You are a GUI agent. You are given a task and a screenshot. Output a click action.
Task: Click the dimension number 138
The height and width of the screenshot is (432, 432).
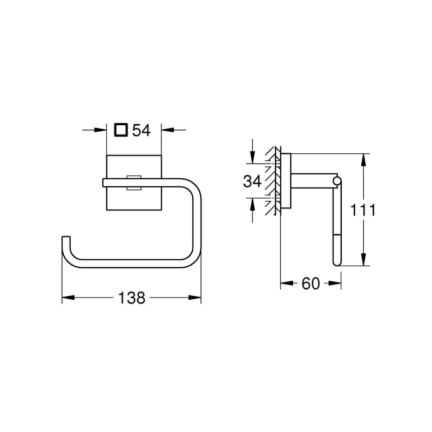pyautogui.click(x=132, y=298)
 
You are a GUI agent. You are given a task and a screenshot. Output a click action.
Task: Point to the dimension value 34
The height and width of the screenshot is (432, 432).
pyautogui.click(x=252, y=181)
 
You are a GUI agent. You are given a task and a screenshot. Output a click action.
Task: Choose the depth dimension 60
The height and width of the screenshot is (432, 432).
pyautogui.click(x=310, y=283)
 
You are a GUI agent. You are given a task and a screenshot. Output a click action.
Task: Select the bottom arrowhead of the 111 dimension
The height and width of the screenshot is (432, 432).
pyautogui.click(x=364, y=260)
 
